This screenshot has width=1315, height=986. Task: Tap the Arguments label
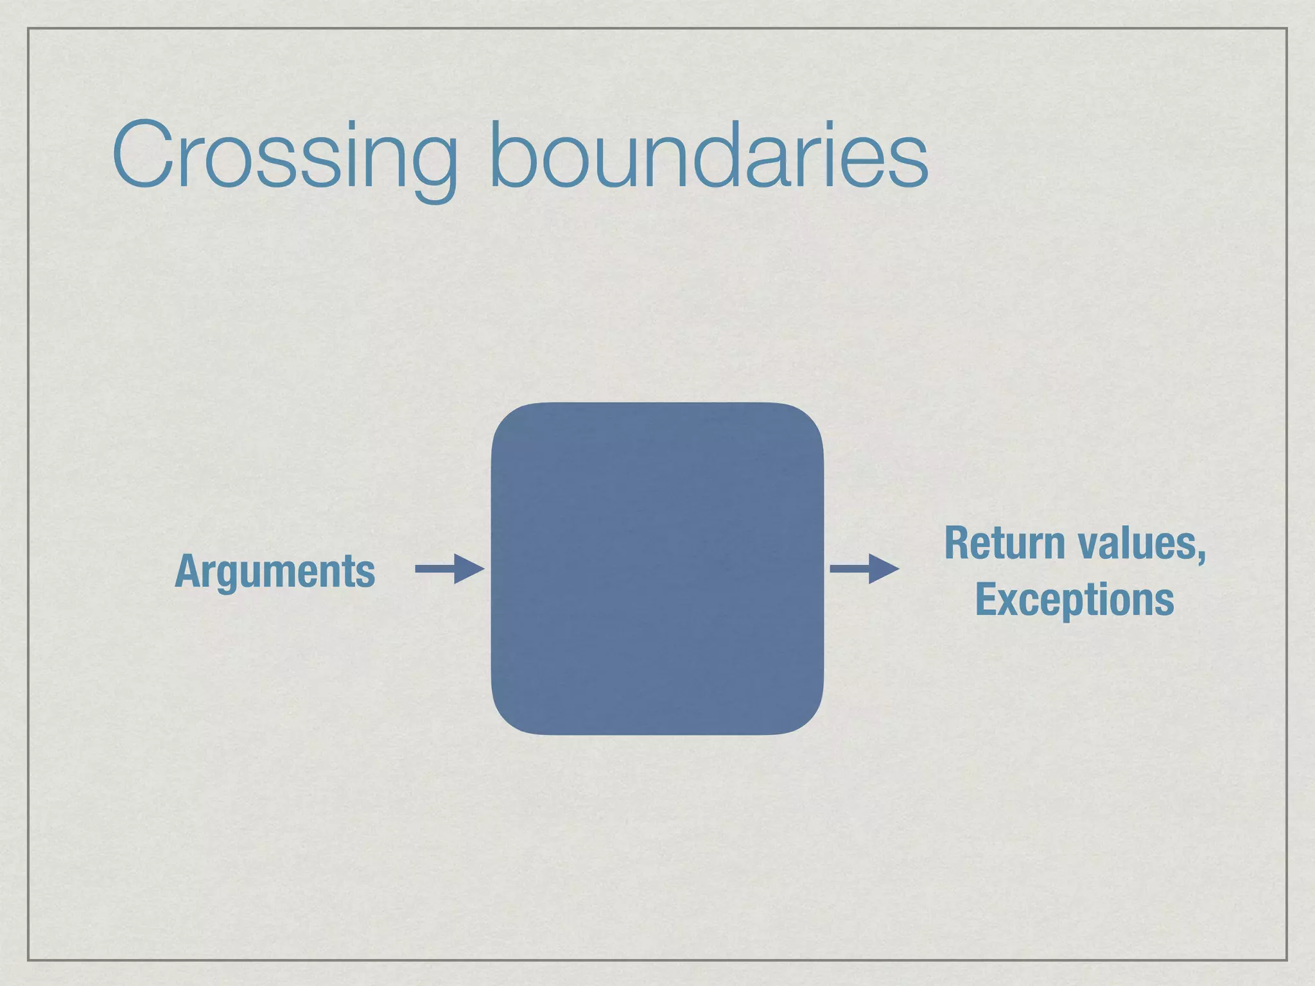click(275, 571)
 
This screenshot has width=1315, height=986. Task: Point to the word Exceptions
click(1074, 600)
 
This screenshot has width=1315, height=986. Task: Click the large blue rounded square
click(657, 568)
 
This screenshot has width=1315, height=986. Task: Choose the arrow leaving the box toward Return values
click(863, 569)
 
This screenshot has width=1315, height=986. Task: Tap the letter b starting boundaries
click(510, 154)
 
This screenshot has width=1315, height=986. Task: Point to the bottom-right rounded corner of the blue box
click(808, 719)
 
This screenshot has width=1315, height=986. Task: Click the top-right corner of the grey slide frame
click(1287, 28)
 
